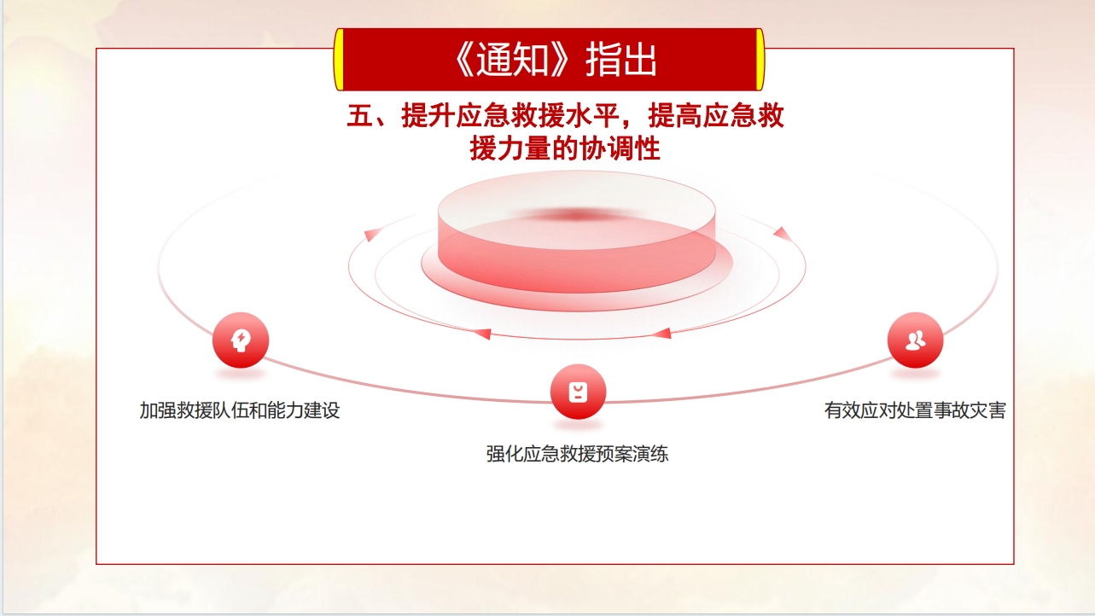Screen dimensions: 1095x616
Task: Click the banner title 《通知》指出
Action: pos(556,60)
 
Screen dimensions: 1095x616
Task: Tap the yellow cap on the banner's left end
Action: pos(339,60)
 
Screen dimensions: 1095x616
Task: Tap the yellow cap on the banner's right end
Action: pos(760,60)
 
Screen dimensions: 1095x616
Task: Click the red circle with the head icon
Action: pos(241,340)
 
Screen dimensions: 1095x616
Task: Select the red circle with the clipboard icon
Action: pos(579,392)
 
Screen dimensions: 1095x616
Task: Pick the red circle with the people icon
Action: pos(916,340)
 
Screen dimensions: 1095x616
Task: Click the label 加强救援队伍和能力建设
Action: pos(240,410)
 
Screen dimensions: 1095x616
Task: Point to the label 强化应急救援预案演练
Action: pos(577,454)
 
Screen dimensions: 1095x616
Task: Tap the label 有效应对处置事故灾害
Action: pos(915,410)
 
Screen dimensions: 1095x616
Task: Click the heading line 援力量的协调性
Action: pos(565,148)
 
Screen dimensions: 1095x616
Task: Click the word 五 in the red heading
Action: pos(360,116)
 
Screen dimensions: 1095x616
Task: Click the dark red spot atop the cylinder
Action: pos(577,215)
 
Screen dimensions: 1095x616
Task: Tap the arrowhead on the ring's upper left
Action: pos(371,235)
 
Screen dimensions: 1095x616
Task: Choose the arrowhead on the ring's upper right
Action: pos(782,234)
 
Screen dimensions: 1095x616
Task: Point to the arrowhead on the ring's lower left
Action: pos(481,334)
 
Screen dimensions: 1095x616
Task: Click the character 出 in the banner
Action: pos(639,60)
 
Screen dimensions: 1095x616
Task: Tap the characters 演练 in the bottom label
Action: pos(650,454)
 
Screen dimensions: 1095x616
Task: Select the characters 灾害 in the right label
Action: pos(988,410)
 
